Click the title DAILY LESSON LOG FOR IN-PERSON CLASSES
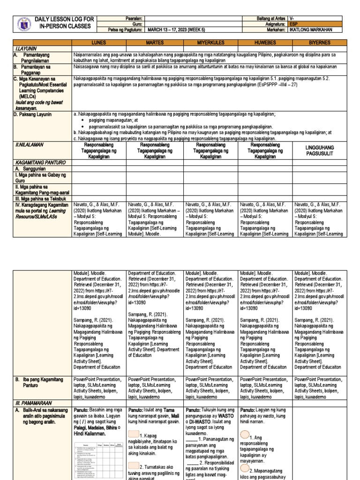pyautogui.click(x=65, y=22)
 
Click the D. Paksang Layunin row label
pyautogui.click(x=33, y=114)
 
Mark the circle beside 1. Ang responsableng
pyautogui.click(x=245, y=436)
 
